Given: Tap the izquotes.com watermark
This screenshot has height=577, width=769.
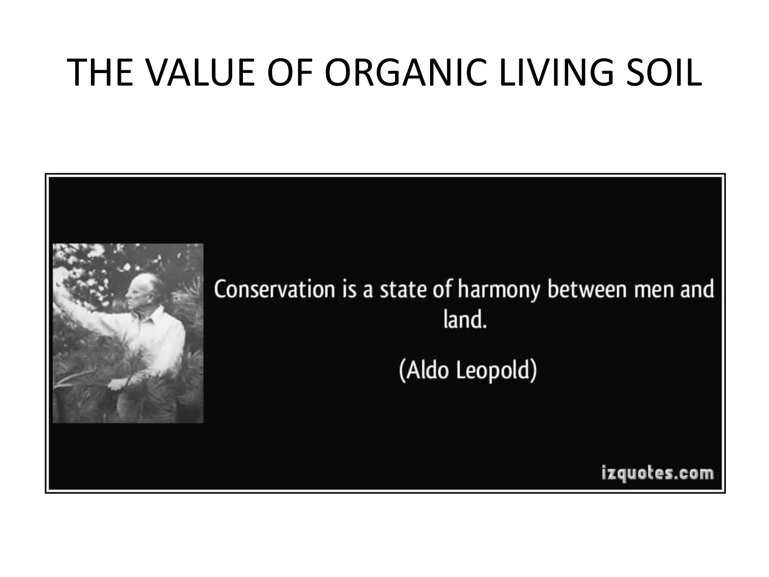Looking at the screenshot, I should click(x=657, y=473).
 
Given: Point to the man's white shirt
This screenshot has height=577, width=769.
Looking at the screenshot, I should click(x=158, y=338).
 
